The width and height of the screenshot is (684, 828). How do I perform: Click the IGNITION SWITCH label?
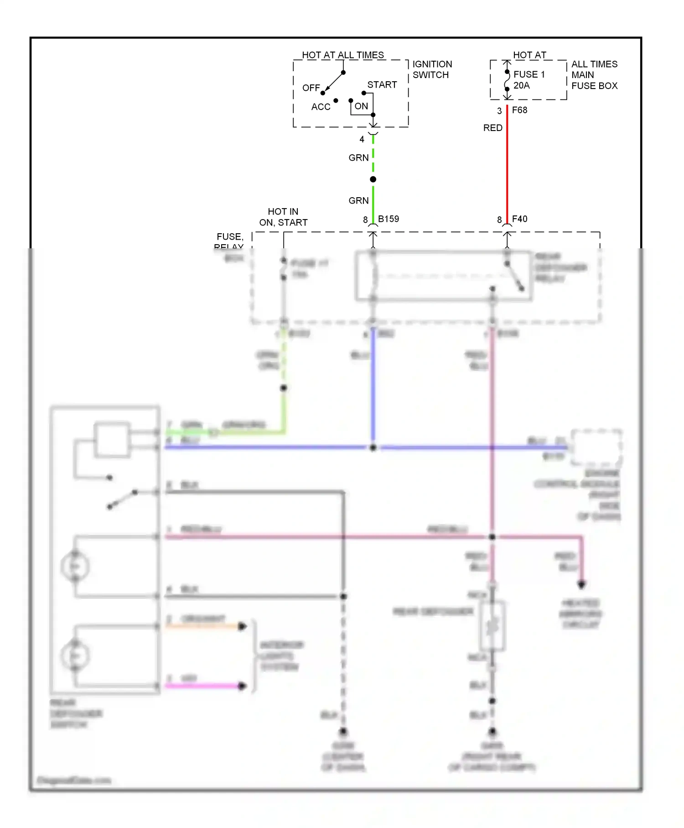(x=432, y=69)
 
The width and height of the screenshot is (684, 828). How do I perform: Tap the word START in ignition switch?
(x=382, y=85)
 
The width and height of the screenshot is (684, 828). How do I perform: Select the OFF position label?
(x=311, y=88)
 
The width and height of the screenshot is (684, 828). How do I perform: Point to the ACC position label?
(x=321, y=107)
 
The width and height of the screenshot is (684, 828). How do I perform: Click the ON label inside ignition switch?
(x=361, y=106)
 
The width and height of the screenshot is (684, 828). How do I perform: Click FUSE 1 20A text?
(x=529, y=80)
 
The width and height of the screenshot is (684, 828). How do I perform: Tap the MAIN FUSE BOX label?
(x=594, y=80)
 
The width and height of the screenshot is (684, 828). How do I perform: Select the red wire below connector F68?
(x=507, y=164)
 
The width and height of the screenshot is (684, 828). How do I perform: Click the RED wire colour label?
(x=492, y=128)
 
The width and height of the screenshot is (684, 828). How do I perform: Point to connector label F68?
(x=519, y=110)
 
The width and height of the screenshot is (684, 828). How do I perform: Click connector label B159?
(x=388, y=219)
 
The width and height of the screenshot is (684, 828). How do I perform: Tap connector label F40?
(x=519, y=219)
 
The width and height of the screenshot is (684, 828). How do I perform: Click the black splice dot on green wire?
(x=373, y=179)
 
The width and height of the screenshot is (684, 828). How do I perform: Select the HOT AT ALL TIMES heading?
(x=343, y=55)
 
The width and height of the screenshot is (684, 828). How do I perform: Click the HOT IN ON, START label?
(x=283, y=217)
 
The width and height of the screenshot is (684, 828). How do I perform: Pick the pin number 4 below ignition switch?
(x=362, y=139)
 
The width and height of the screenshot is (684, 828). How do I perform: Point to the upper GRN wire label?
(x=358, y=158)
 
